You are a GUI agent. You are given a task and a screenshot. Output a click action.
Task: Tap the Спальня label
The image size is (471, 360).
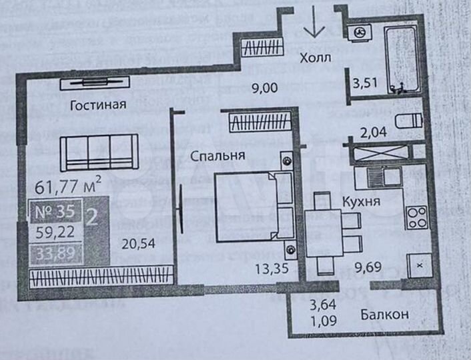(x=217, y=155)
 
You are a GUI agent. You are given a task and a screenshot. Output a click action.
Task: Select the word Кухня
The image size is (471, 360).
(x=362, y=201)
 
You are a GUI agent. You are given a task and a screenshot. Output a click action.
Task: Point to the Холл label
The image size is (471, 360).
(x=315, y=57)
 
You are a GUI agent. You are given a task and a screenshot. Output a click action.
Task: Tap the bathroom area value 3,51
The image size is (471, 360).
(x=365, y=83)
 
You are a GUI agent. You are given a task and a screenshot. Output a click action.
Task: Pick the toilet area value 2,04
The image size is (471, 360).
(x=373, y=132)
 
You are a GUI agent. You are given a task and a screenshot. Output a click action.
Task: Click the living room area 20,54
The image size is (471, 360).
(x=138, y=243)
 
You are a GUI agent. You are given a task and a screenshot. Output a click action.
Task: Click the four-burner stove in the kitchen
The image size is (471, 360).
(x=416, y=218)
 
